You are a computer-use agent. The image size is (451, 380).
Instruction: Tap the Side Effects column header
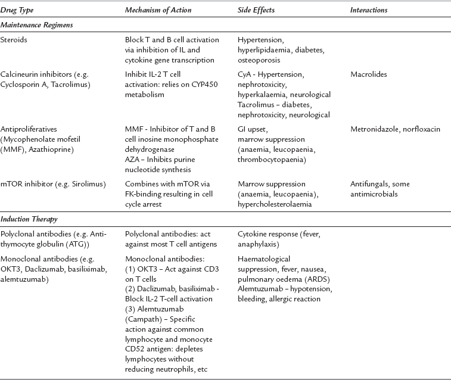254,10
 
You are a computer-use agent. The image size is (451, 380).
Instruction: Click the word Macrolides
369,75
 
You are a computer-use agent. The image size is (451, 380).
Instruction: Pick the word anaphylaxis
259,244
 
